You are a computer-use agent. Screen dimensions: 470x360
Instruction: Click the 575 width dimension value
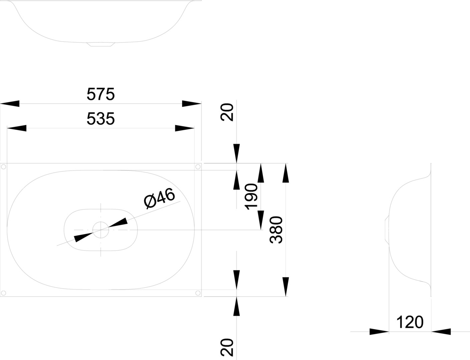coord(101,94)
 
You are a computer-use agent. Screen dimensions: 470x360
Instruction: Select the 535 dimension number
coord(101,119)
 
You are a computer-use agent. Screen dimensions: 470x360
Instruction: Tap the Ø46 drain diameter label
coord(159,198)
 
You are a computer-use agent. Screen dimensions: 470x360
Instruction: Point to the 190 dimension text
coord(251,197)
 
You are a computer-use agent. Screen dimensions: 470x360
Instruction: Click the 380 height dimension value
coord(276,230)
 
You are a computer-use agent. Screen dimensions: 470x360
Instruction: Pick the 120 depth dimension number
coord(410,322)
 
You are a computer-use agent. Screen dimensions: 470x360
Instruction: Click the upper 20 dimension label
coord(227,112)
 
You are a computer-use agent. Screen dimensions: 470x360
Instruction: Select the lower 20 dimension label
coord(227,347)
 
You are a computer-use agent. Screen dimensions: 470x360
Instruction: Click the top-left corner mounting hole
coord(3,167)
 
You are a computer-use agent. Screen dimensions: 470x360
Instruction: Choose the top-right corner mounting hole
coord(198,167)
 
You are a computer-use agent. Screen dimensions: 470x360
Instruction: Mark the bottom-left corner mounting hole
coord(3,293)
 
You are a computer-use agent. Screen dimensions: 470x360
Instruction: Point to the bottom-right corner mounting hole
coord(198,293)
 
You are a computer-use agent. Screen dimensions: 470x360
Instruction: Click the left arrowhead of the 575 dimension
coord(10,104)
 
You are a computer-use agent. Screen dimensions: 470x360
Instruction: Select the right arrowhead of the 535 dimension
coord(184,128)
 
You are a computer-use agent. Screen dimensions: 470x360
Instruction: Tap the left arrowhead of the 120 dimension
coord(379,331)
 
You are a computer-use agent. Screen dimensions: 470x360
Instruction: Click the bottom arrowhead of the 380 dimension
coord(286,287)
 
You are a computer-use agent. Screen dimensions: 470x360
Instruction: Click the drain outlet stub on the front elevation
coord(101,44)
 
